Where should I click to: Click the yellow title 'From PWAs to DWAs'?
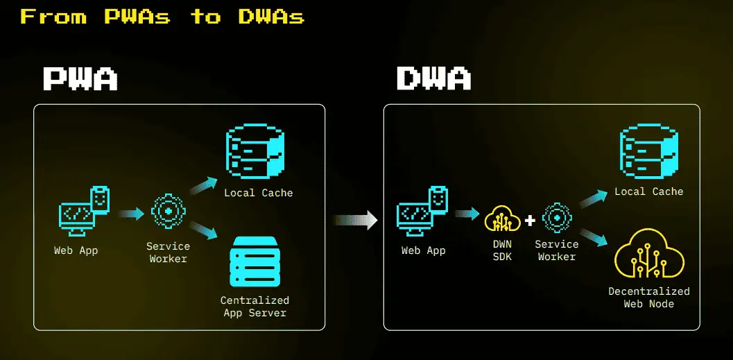tap(162, 17)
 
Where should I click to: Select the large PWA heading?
tap(80, 78)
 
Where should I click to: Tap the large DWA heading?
tap(433, 78)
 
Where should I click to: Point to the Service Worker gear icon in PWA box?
tap(169, 212)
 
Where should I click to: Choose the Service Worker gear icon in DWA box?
tap(557, 218)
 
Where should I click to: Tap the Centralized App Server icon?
tap(255, 262)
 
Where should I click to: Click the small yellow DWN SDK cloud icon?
tap(503, 218)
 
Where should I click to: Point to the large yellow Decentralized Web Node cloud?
tap(649, 253)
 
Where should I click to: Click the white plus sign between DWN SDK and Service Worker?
tap(530, 220)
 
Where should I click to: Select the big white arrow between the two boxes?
tap(355, 220)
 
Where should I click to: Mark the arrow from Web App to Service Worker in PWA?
tap(131, 214)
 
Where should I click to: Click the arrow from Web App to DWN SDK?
tap(467, 214)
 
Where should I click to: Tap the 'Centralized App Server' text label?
tap(255, 307)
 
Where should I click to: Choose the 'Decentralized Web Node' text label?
tap(649, 298)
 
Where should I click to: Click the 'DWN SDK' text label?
tap(503, 250)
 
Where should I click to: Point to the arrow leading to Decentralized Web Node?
tap(594, 237)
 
